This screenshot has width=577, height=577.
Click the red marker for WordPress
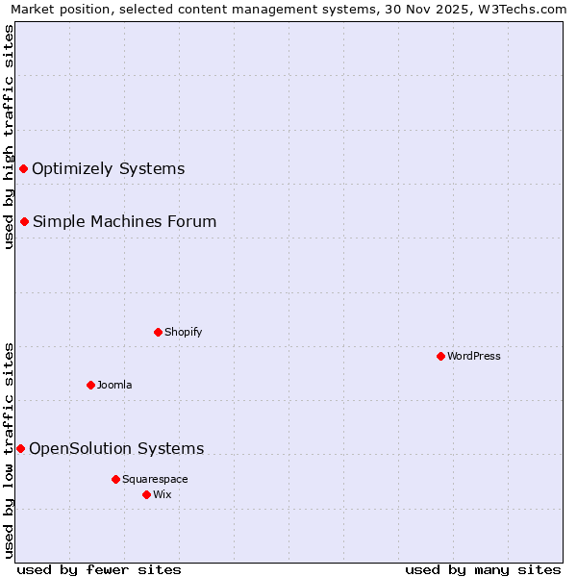(x=440, y=356)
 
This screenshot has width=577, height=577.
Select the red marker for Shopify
(x=158, y=332)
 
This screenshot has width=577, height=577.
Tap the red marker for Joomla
(x=90, y=385)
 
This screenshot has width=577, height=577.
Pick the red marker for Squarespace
(x=115, y=479)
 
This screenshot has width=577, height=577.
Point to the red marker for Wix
(x=146, y=494)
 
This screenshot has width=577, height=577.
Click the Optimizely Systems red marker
(x=23, y=169)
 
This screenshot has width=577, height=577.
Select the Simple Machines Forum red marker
(x=24, y=222)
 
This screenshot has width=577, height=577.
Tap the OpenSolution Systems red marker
(x=20, y=448)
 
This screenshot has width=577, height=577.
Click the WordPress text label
(x=474, y=356)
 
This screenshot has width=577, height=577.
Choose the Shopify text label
(x=183, y=332)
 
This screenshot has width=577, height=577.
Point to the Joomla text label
(x=114, y=385)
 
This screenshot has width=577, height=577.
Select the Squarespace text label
(x=155, y=479)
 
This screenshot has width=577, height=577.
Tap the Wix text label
(x=162, y=494)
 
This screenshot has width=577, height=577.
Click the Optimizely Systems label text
(x=108, y=169)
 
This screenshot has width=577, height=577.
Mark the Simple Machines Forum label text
(x=124, y=222)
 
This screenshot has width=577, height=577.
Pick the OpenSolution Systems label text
(x=116, y=448)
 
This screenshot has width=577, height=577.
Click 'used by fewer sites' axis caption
(x=99, y=569)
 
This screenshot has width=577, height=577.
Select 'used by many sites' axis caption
(x=483, y=569)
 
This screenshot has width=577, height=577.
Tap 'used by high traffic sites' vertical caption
(x=9, y=137)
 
